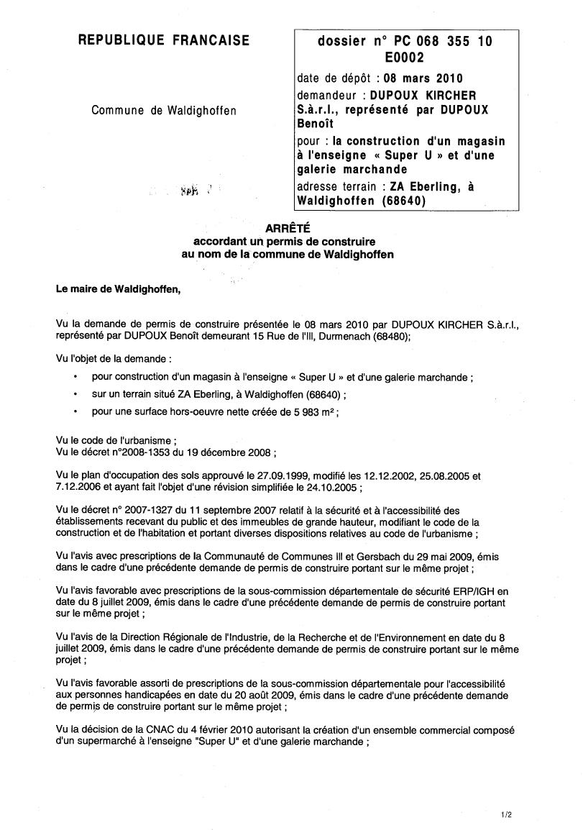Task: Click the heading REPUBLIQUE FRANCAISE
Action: [x=163, y=41]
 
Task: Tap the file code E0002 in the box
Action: [x=405, y=58]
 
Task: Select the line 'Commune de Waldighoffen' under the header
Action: [x=163, y=110]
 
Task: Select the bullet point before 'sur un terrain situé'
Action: [x=76, y=394]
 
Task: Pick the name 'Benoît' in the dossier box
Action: [x=315, y=124]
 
